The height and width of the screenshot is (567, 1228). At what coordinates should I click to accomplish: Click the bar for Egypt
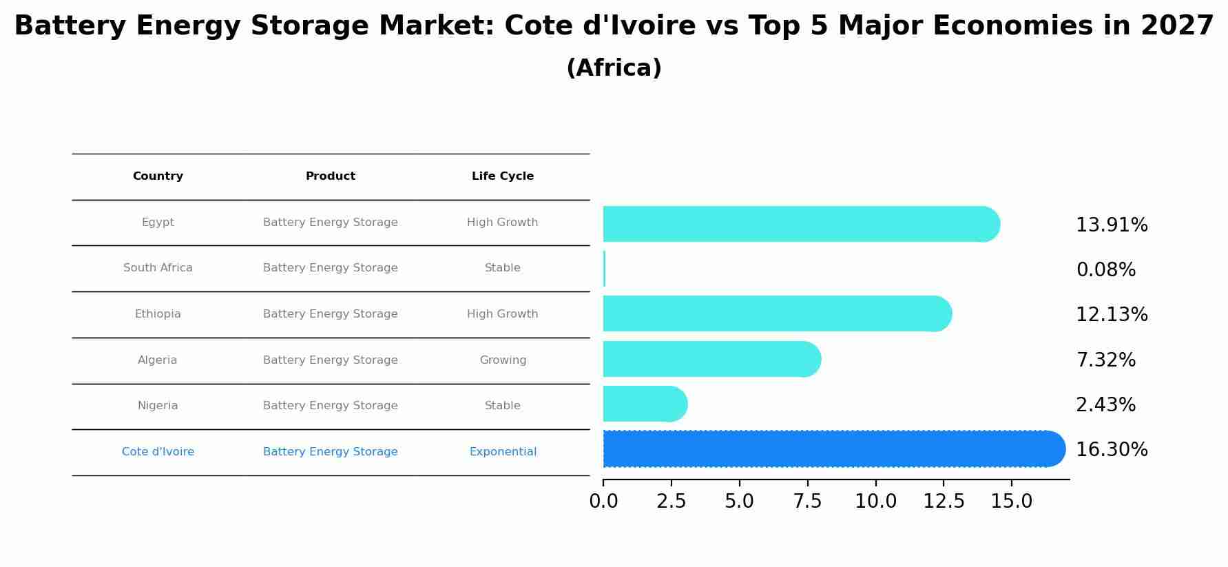(x=799, y=224)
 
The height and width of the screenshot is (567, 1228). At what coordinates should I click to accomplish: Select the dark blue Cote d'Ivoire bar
(x=833, y=449)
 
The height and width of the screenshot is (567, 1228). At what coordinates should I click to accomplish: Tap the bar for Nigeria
(x=644, y=404)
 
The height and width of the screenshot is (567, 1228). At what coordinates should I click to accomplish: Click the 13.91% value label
(x=1112, y=225)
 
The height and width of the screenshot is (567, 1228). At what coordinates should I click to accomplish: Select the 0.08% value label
(x=1105, y=270)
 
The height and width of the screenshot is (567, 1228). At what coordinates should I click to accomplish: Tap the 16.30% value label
(x=1112, y=450)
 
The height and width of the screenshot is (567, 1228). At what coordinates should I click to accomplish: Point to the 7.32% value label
(x=1105, y=360)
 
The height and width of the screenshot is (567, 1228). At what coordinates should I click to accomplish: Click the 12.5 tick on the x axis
(x=944, y=502)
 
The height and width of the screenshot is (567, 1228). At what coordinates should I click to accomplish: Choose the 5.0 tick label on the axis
(x=739, y=502)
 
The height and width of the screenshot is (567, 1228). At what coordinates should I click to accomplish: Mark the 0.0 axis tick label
(x=603, y=502)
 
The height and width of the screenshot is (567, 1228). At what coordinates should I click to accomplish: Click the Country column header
(x=158, y=176)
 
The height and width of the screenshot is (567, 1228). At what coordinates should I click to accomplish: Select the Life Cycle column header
(x=503, y=176)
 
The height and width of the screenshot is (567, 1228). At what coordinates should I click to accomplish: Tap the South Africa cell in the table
(x=158, y=268)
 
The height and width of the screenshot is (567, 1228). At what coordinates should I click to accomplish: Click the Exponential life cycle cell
(x=503, y=452)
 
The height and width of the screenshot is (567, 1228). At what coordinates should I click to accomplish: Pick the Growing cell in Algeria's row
(x=503, y=360)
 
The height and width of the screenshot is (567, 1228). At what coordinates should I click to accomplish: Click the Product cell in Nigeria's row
(x=331, y=406)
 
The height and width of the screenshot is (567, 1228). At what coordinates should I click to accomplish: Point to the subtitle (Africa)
(x=614, y=68)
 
